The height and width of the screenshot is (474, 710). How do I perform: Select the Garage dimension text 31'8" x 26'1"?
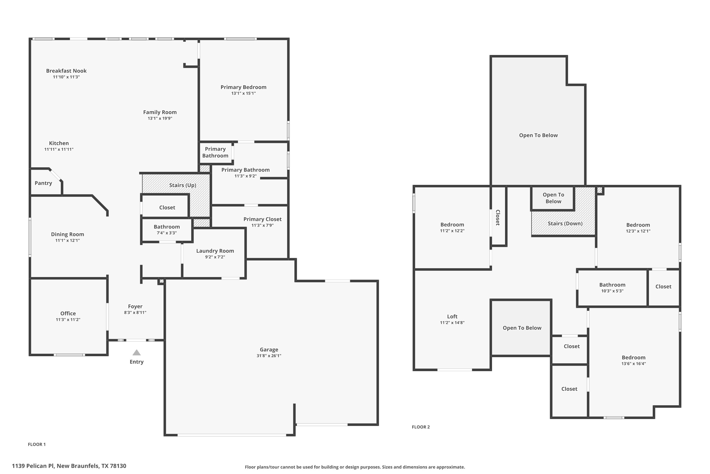point(269,355)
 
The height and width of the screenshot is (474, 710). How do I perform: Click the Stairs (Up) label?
point(183,185)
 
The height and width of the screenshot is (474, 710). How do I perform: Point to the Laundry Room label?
point(215,251)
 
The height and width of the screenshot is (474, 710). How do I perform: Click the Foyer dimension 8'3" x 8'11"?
point(135,312)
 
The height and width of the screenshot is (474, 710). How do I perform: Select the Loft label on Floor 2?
point(452,316)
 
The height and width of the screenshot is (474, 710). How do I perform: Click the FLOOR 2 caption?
point(421,427)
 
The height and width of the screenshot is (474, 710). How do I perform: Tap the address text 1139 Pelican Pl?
point(33,466)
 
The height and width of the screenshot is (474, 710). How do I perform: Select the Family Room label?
point(160,112)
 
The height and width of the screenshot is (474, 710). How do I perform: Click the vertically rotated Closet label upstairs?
point(498,217)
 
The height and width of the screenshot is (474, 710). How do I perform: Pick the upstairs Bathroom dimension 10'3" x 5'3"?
point(612,291)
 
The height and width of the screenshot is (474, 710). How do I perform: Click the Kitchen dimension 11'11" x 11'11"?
point(59,149)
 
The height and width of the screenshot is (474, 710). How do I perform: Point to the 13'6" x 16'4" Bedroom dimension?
point(633,363)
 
